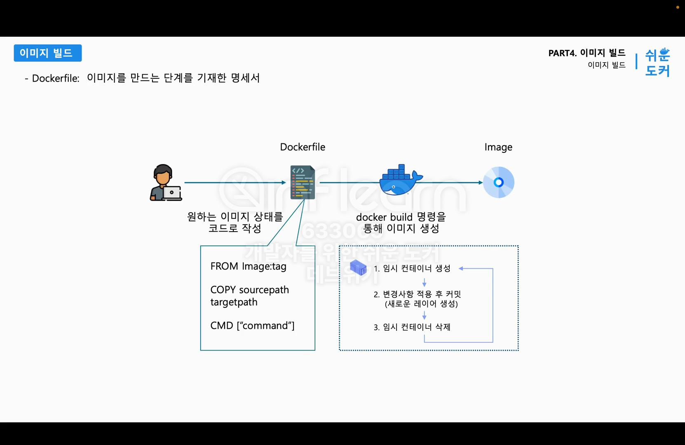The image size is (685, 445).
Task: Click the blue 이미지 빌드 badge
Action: pyautogui.click(x=47, y=53)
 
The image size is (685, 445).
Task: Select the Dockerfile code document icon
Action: pyautogui.click(x=303, y=183)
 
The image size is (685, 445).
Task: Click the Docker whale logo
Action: pyautogui.click(x=400, y=180)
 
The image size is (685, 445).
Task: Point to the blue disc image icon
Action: pyautogui.click(x=498, y=183)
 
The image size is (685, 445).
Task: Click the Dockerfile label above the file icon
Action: pyautogui.click(x=303, y=147)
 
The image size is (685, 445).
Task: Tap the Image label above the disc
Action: pyautogui.click(x=498, y=147)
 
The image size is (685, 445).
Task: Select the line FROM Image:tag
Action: pyautogui.click(x=248, y=266)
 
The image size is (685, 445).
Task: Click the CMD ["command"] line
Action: pyautogui.click(x=252, y=326)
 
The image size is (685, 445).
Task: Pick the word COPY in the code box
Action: pyautogui.click(x=223, y=290)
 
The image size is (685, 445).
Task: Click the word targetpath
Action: pyautogui.click(x=234, y=302)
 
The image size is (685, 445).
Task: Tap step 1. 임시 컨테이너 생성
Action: pyautogui.click(x=412, y=269)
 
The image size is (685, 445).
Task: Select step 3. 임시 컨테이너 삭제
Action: pyautogui.click(x=412, y=327)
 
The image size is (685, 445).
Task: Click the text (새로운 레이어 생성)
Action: pyautogui.click(x=421, y=304)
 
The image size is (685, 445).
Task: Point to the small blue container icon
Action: pyautogui.click(x=358, y=268)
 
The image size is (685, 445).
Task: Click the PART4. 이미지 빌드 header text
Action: pyautogui.click(x=586, y=53)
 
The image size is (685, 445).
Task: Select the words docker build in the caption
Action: pyautogui.click(x=384, y=217)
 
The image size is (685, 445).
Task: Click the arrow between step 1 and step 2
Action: pyautogui.click(x=424, y=282)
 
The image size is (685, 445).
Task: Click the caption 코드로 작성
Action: pyautogui.click(x=235, y=228)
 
